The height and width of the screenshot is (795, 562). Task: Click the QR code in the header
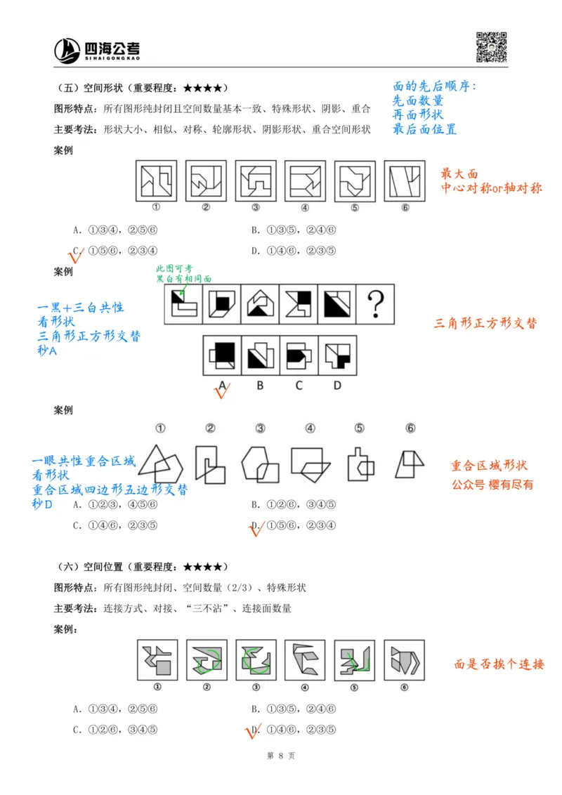(492, 47)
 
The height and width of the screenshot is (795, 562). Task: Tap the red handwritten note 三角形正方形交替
(486, 324)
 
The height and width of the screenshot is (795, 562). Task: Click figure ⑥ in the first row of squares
(405, 181)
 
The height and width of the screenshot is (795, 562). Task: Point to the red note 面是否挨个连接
(499, 664)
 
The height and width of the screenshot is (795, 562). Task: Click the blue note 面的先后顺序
(434, 86)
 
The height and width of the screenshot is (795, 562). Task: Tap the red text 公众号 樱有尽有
(492, 485)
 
